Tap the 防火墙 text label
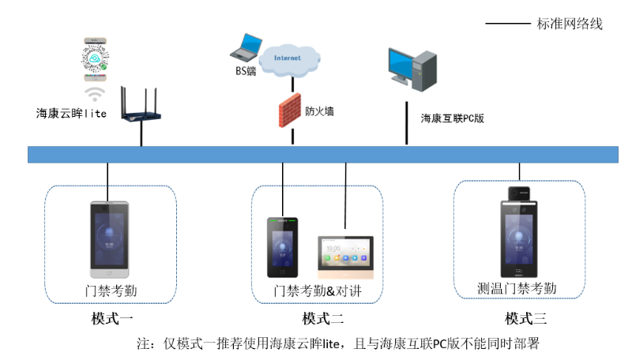click(320, 111)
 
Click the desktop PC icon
click(412, 69)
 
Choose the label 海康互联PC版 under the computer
click(452, 118)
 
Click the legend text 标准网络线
click(570, 24)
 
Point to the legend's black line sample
click(507, 24)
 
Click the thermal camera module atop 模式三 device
click(519, 193)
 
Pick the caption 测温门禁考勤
click(517, 288)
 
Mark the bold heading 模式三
click(526, 319)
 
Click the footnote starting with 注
click(338, 343)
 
